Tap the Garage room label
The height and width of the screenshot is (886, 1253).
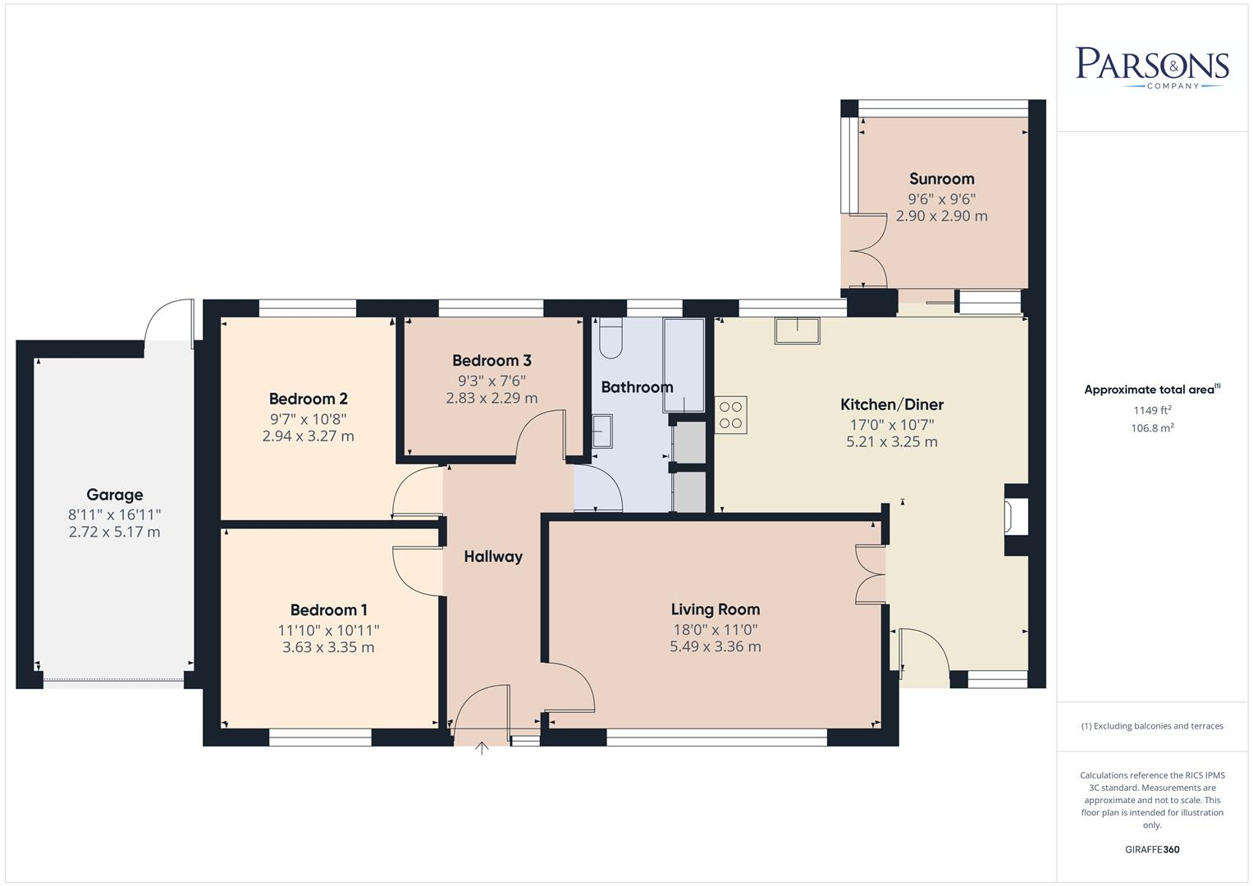tap(115, 495)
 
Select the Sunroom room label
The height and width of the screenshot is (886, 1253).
tap(941, 179)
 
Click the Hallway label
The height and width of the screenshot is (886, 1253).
tap(493, 556)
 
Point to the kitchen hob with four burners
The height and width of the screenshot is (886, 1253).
tap(730, 415)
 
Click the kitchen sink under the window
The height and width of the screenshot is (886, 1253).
tap(796, 331)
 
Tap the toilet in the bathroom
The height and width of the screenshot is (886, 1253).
tap(610, 337)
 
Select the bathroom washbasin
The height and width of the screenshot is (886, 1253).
tap(602, 432)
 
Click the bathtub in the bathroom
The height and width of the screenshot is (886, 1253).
tap(684, 366)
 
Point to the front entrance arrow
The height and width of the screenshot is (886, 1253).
tap(482, 747)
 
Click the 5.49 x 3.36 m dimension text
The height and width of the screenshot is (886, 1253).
tap(715, 646)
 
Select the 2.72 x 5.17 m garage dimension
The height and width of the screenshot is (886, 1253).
tap(115, 532)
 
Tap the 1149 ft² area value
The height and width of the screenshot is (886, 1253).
tap(1152, 410)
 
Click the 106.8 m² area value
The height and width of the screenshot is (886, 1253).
tap(1152, 427)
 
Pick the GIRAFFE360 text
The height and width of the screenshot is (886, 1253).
tap(1152, 849)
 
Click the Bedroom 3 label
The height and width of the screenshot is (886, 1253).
tap(492, 360)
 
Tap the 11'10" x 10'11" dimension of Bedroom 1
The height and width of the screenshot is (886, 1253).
tap(328, 630)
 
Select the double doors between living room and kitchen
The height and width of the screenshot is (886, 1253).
tap(870, 574)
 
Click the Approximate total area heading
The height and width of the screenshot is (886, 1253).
tap(1151, 390)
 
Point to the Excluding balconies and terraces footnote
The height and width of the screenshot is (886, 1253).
tap(1152, 726)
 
